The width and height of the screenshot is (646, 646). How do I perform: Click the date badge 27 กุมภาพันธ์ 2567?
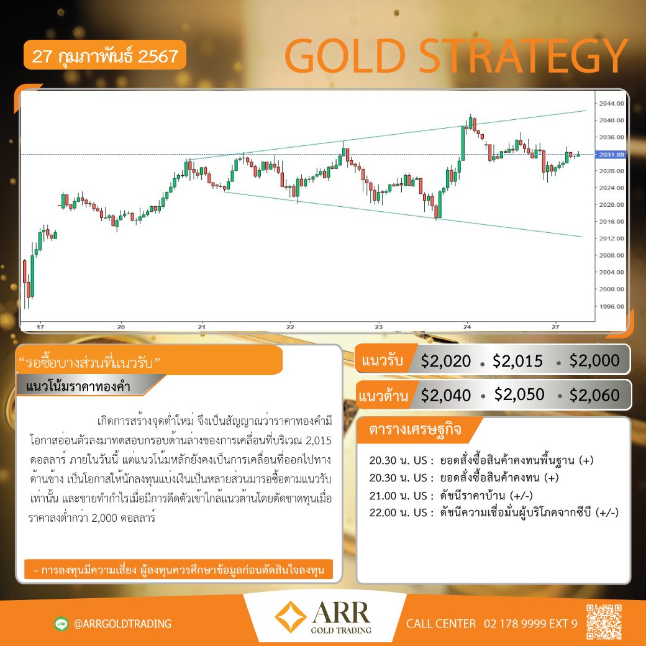coord(105,55)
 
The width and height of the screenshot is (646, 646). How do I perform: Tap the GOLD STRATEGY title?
coord(456,56)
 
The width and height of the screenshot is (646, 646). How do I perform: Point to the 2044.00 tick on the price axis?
coord(611,103)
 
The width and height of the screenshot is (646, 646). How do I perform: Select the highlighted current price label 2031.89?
coord(611,155)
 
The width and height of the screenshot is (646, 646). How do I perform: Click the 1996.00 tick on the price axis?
coord(611,306)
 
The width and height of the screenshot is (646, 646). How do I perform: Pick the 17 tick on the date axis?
coord(40,327)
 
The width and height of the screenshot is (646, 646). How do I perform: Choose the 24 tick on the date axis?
coord(466,327)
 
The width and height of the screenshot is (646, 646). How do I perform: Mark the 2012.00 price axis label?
coord(611,239)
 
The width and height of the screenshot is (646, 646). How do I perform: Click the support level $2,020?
coord(446,362)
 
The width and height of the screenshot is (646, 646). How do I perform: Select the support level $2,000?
coord(594,360)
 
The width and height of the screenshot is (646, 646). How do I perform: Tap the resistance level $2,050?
coord(519,394)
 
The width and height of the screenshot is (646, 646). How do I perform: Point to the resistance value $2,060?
coord(594,396)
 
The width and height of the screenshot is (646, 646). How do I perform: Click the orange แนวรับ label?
coord(383,360)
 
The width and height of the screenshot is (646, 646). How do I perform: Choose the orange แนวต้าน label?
coord(383,396)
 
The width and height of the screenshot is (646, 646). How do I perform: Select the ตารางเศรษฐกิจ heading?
coord(416,429)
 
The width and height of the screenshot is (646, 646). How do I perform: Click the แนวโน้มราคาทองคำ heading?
coord(78,386)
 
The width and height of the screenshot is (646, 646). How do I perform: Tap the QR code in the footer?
coord(604,622)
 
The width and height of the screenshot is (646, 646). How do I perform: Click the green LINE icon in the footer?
coord(61,624)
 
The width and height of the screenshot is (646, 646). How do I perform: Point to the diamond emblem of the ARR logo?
coord(291,617)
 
